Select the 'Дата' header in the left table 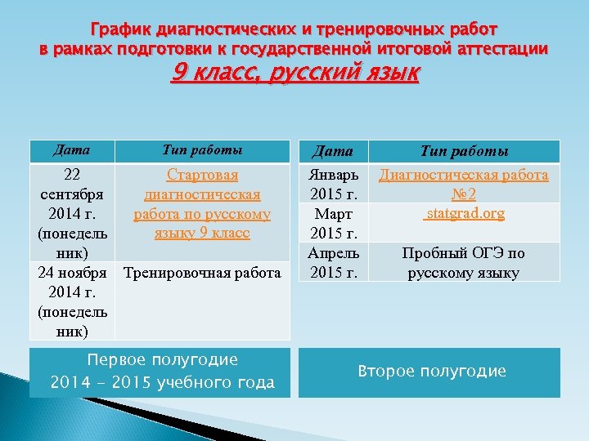[x=71, y=149]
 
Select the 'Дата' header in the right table [x=333, y=151]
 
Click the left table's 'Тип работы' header [x=202, y=149]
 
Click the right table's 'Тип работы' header [x=464, y=151]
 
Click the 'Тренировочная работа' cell [x=202, y=272]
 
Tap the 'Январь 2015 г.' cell [x=333, y=185]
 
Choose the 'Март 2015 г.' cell [x=333, y=223]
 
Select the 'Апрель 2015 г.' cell [x=333, y=262]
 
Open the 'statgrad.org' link [x=464, y=214]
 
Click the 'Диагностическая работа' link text [x=464, y=175]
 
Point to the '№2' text [x=464, y=194]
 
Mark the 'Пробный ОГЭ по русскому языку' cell [x=464, y=262]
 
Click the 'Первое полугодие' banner [x=161, y=372]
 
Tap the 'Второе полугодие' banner [x=431, y=372]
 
